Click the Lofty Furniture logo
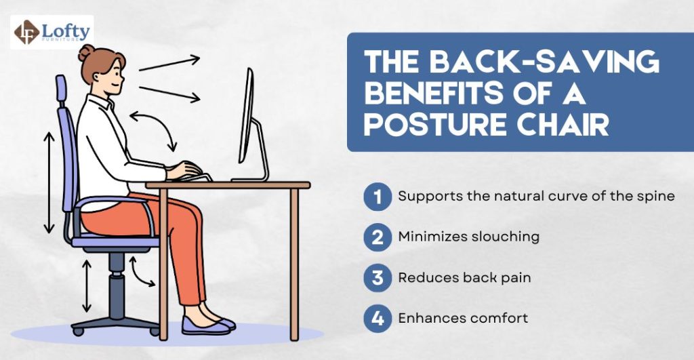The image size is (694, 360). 52,32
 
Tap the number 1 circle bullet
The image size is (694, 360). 377,197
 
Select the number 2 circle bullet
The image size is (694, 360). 377,237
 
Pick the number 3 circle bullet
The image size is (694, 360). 377,277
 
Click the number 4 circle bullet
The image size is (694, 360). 377,317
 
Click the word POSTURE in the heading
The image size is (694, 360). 433,126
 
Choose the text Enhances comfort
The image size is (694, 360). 463,317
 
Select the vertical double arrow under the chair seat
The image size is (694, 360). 87,285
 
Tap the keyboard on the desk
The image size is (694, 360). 197,178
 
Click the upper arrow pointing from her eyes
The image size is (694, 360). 169,63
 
